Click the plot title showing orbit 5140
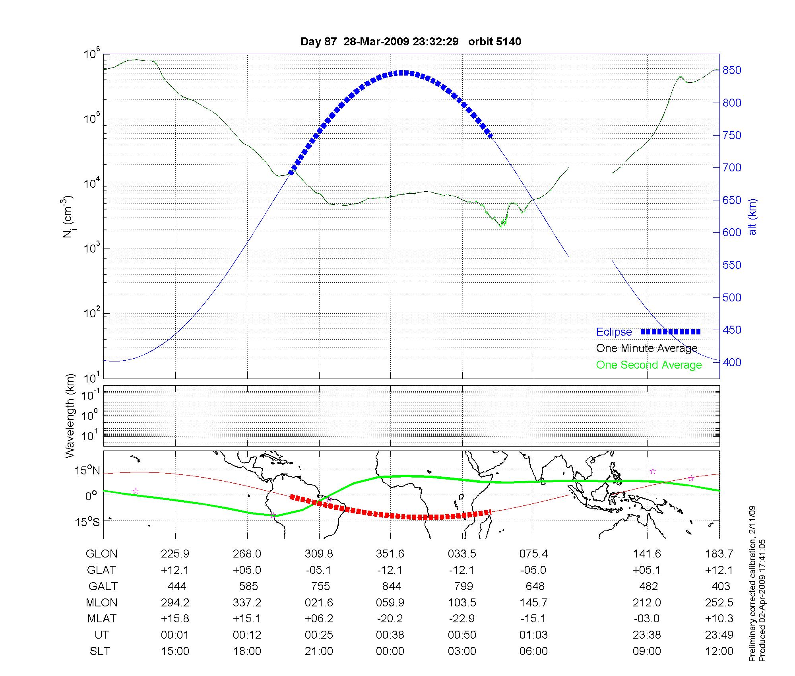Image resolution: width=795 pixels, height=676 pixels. pos(411,42)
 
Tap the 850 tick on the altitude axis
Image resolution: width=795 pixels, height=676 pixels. pos(731,70)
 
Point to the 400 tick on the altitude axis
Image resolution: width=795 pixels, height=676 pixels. pos(731,362)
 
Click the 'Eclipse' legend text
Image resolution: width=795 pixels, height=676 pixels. pos(614,332)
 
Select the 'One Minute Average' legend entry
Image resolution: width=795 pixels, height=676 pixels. pos(647,348)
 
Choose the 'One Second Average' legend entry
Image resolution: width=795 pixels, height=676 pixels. pos(649,365)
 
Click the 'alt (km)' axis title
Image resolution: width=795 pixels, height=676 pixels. pos(752,217)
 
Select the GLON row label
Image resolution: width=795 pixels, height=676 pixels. pos(102,554)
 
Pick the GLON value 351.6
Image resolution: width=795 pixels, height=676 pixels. pos(390,554)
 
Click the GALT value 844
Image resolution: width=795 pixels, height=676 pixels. pos(392,587)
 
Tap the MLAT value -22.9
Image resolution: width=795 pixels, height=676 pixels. pos(462,619)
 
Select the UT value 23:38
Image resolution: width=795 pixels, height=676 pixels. pos(647,635)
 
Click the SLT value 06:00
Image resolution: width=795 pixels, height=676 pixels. pos(533,651)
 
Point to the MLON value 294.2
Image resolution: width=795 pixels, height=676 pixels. pos(175,603)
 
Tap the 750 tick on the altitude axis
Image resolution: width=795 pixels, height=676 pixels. pos(731,136)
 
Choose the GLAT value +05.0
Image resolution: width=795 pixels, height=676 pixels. pos(247,570)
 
